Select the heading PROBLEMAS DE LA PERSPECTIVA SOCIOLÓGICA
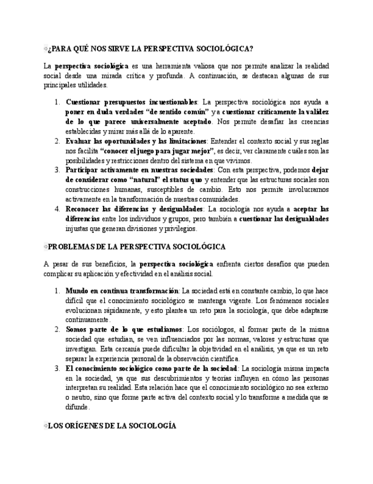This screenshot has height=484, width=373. pyautogui.click(x=137, y=247)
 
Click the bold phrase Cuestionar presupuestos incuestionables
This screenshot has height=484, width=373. pyautogui.click(x=132, y=102)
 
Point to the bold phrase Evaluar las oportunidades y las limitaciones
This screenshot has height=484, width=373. pyautogui.click(x=136, y=141)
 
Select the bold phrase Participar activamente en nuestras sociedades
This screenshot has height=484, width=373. pyautogui.click(x=139, y=170)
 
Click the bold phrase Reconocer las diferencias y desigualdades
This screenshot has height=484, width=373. pyautogui.click(x=134, y=209)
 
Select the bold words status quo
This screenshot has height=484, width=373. pyautogui.click(x=184, y=180)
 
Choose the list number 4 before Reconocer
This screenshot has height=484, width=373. pyautogui.click(x=58, y=209)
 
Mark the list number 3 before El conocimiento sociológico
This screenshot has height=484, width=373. pyautogui.click(x=58, y=369)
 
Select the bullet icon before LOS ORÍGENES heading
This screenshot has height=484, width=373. pyautogui.click(x=46, y=426)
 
